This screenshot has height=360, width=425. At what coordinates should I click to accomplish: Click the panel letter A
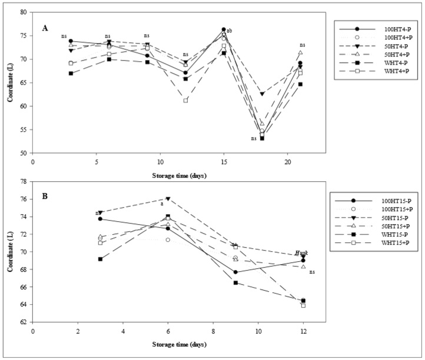(x=44, y=27)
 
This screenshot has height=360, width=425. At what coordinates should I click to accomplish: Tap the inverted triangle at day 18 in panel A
(x=262, y=94)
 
